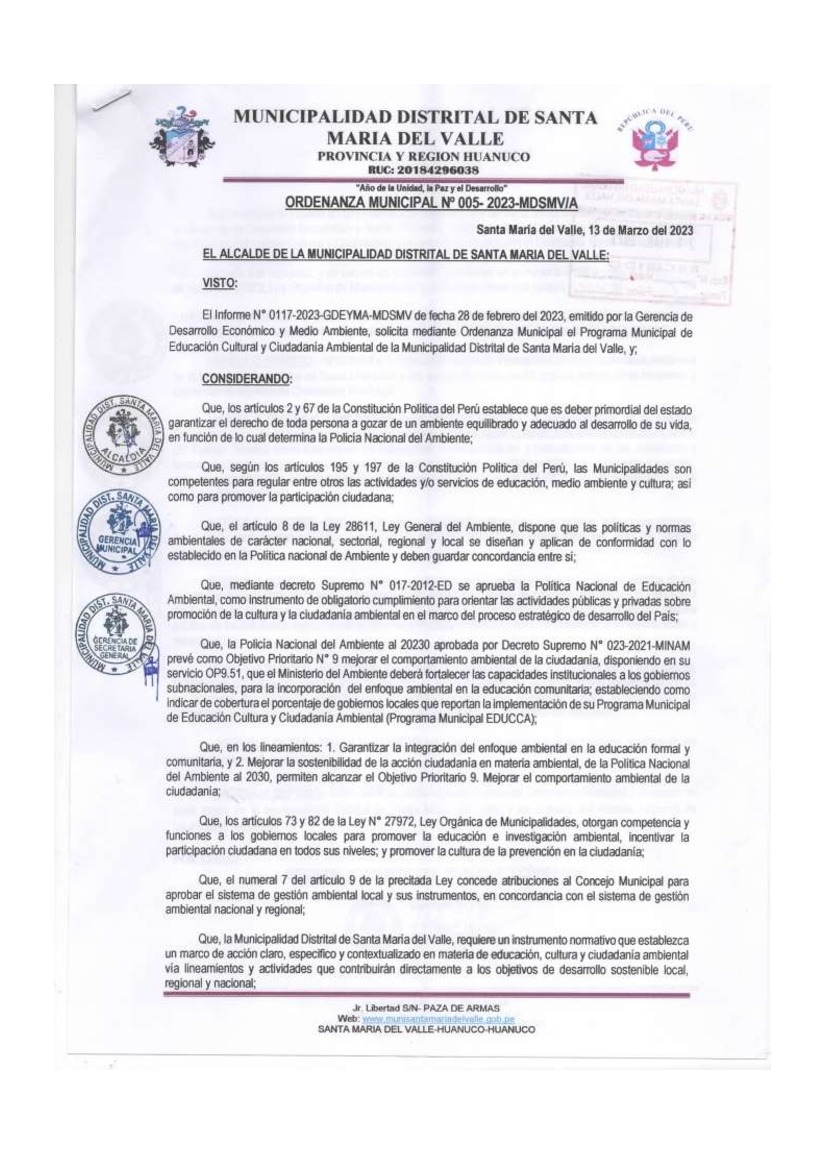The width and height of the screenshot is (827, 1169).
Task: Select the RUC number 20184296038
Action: tap(423, 170)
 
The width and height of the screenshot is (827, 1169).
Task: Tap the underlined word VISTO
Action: tap(217, 283)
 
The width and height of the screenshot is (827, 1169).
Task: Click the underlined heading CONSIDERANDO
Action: tap(246, 379)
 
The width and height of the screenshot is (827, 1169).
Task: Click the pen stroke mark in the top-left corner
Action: tap(113, 101)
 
